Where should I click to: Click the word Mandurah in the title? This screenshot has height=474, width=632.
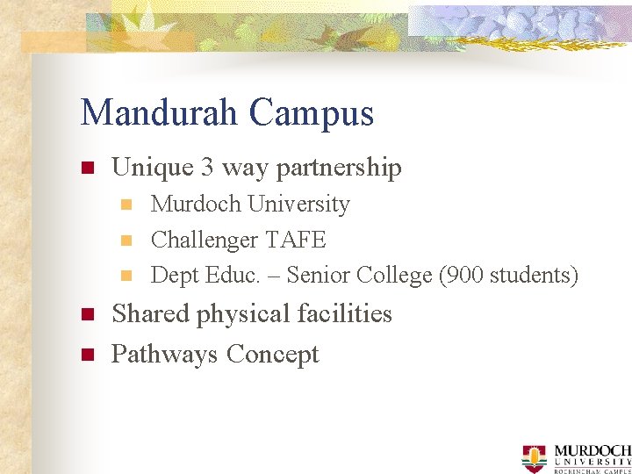159,113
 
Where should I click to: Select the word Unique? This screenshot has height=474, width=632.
152,168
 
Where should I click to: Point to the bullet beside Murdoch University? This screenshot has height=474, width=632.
126,205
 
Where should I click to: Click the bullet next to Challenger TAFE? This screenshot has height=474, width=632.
126,240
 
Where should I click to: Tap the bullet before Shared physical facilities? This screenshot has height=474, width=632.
87,314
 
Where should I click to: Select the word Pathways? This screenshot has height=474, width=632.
165,355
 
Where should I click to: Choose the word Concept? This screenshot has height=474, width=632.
273,355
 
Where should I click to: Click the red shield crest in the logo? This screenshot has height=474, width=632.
534,457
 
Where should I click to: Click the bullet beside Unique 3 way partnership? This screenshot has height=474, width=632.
87,168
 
